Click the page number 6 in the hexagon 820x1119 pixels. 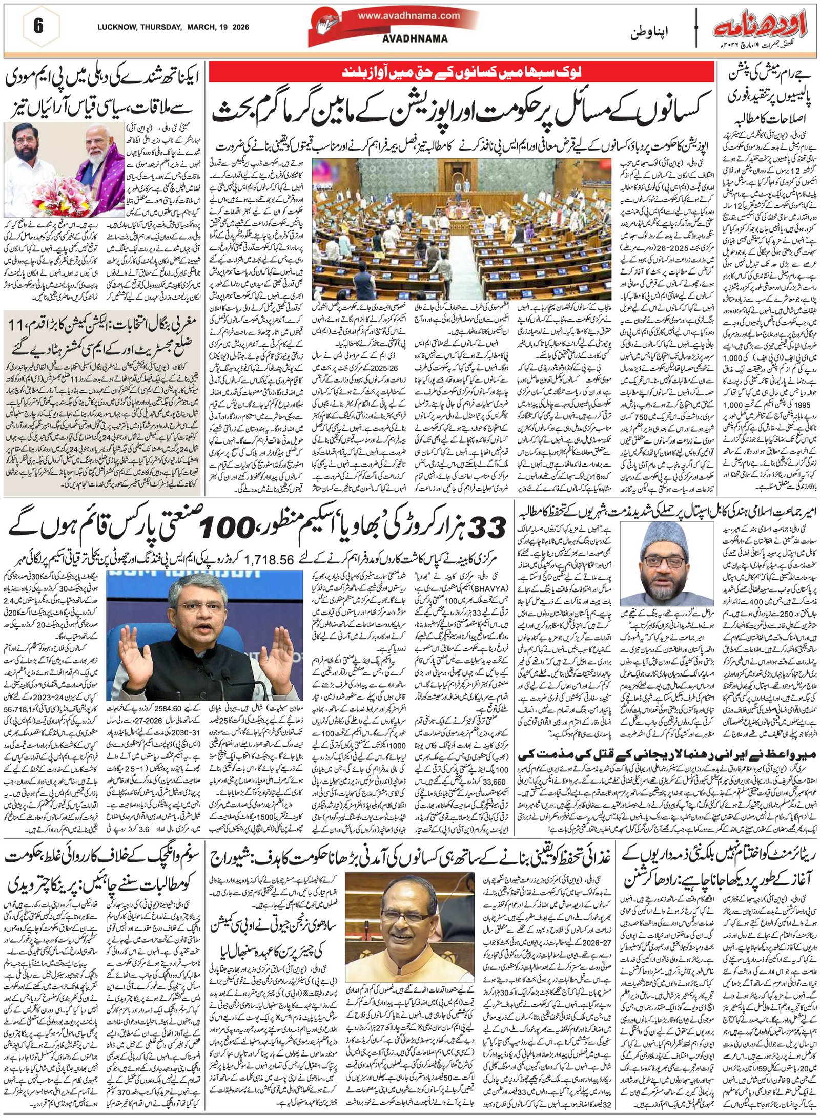click(38, 27)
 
